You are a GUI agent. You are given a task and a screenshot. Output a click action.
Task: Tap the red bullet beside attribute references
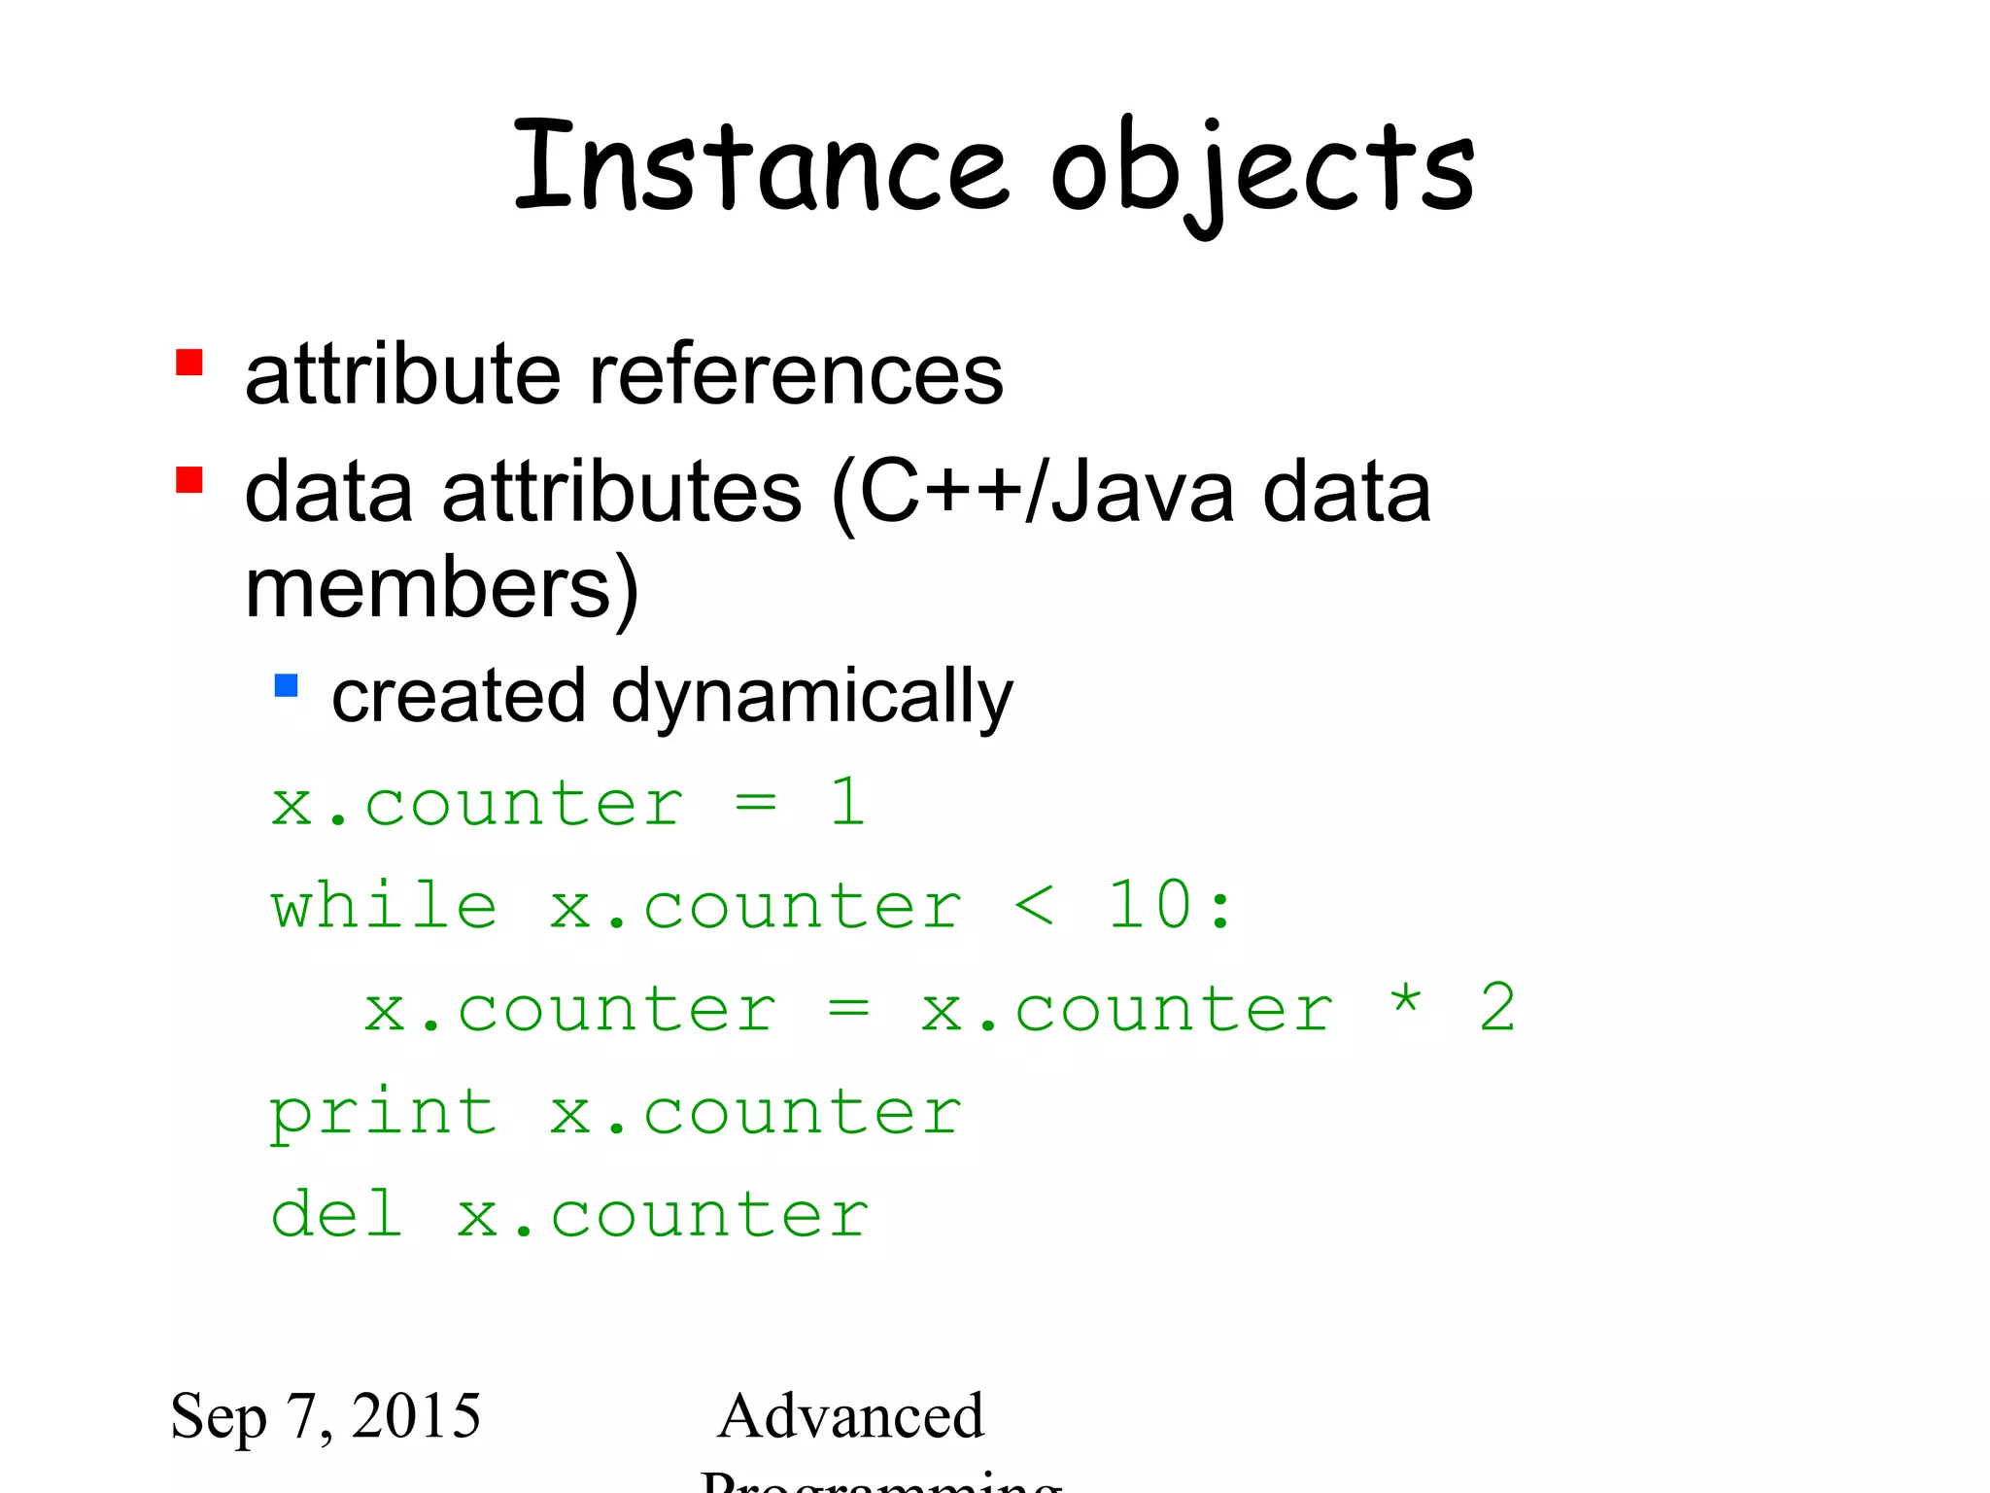coord(189,363)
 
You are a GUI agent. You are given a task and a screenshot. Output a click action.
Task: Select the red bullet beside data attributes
coord(189,480)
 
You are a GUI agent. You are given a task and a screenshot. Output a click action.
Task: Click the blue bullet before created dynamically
coord(286,686)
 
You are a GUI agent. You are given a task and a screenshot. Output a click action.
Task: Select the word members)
coord(442,589)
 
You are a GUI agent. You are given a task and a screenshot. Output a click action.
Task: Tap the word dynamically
coord(811,698)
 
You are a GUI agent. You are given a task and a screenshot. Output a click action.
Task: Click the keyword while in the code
coord(385,906)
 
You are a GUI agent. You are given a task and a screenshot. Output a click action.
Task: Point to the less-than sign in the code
coord(1033,906)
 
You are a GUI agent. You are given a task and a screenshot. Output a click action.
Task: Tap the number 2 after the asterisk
coord(1497,1008)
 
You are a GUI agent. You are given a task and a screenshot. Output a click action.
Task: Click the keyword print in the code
coord(383,1113)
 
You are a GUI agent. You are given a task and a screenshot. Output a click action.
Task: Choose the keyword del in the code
coord(336,1214)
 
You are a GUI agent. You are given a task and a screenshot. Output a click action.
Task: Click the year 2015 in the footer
coord(416,1416)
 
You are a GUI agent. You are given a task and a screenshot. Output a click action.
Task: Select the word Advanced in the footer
coord(850,1416)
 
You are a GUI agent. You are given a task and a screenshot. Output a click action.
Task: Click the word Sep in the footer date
coord(218,1418)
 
